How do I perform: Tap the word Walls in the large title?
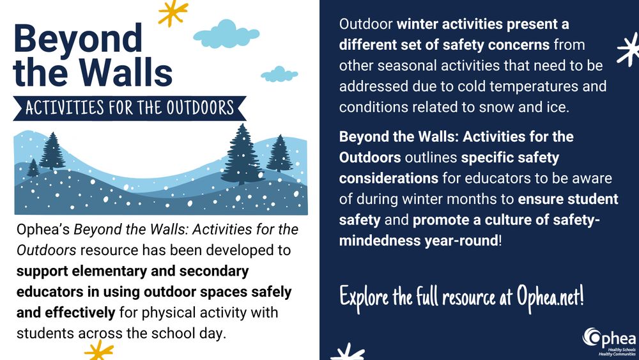[x=126, y=72]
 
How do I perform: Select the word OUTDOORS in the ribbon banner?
[x=201, y=108]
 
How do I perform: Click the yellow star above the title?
[x=173, y=12]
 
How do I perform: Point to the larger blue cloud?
[x=226, y=35]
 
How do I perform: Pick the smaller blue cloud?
[x=279, y=74]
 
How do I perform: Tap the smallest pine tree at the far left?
[x=33, y=168]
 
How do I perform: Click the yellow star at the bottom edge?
[x=99, y=350]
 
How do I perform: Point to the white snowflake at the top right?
[x=629, y=49]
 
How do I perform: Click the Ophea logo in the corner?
[x=609, y=341]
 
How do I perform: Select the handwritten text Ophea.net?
[x=550, y=297]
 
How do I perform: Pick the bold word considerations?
[x=389, y=178]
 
